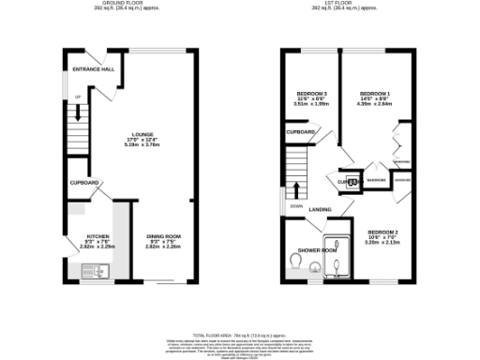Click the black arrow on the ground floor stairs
pyautogui.click(x=79, y=112)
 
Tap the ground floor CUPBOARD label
pyautogui.click(x=82, y=182)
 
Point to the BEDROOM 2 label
pyautogui.click(x=383, y=232)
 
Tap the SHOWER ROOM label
pyautogui.click(x=317, y=251)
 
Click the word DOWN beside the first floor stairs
pyautogui.click(x=295, y=206)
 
